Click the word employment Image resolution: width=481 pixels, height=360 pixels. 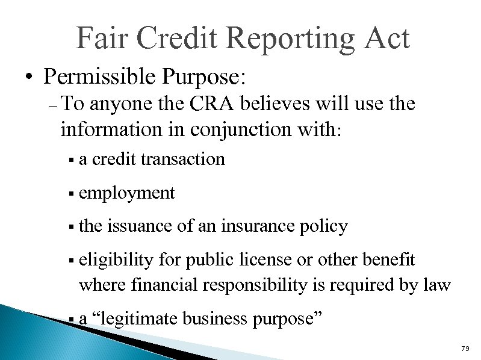[x=126, y=193]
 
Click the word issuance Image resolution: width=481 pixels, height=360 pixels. [x=142, y=226]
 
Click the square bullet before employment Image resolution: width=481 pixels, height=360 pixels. [x=71, y=194]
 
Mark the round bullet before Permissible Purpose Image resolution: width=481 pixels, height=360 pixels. [x=28, y=78]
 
